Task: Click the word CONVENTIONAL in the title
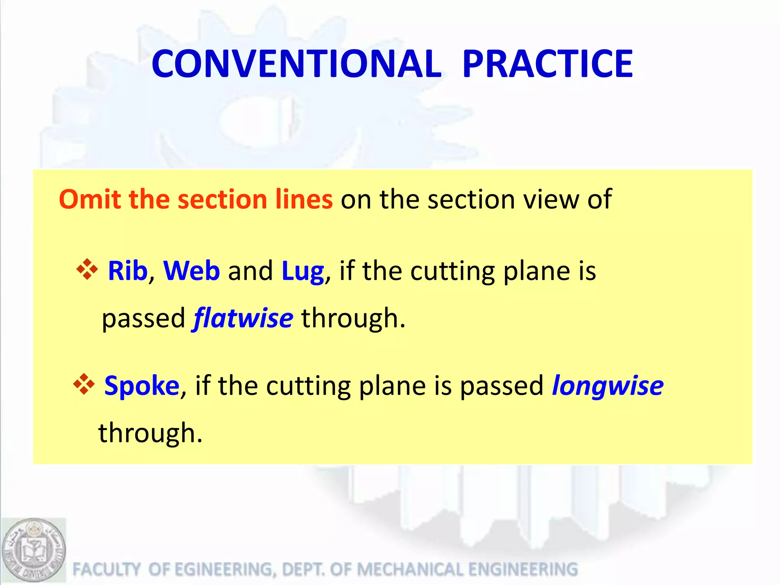click(296, 64)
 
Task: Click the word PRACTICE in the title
click(547, 64)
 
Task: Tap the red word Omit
click(90, 199)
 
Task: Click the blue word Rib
click(128, 271)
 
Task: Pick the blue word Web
click(191, 271)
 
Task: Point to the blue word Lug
click(303, 272)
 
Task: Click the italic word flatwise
click(243, 318)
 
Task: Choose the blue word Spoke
click(142, 386)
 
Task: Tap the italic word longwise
click(607, 386)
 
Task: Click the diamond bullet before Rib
click(87, 270)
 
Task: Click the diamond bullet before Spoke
click(83, 384)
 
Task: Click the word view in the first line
click(552, 199)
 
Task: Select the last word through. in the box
click(150, 433)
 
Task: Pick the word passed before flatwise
click(143, 319)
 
